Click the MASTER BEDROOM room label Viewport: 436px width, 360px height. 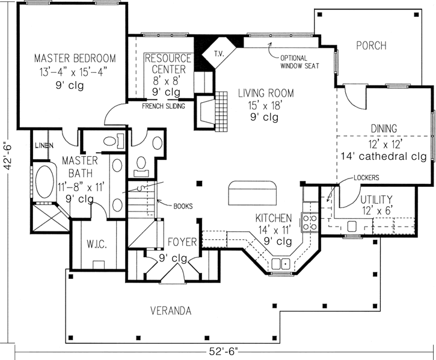[75, 59]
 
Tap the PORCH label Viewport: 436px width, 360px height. [370, 46]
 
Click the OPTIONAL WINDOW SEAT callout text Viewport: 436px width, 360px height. [298, 61]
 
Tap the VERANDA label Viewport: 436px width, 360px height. [171, 311]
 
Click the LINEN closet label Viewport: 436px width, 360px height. [41, 146]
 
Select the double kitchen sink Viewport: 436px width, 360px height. [280, 263]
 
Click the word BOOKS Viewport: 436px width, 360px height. [183, 206]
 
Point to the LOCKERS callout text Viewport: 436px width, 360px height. [366, 178]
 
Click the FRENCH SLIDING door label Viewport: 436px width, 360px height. [163, 107]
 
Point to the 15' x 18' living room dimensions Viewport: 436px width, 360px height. [265, 106]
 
